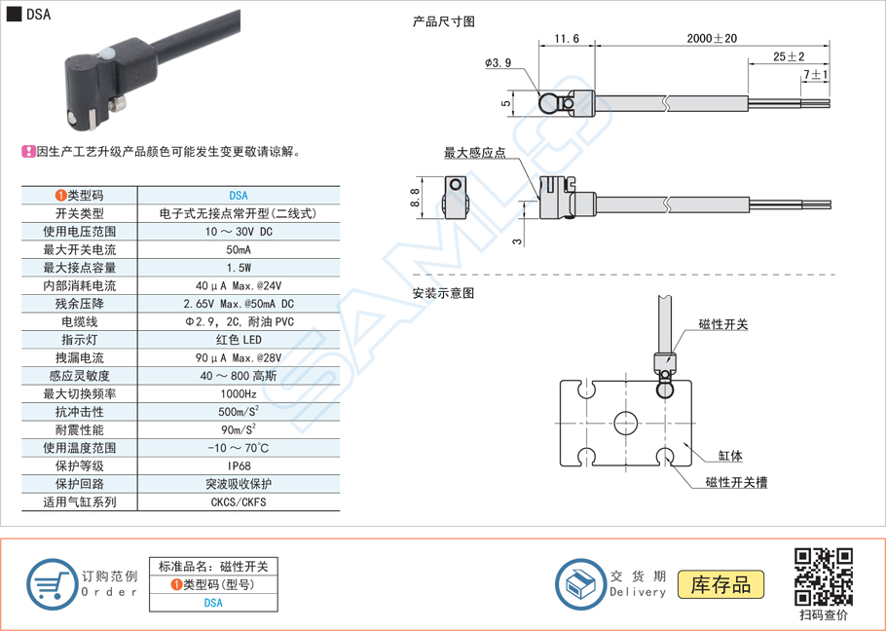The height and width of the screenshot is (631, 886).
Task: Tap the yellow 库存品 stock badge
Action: coord(720,584)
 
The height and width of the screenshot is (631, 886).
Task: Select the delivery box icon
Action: coord(580,585)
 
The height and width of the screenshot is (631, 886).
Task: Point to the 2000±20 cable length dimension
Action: coord(711,38)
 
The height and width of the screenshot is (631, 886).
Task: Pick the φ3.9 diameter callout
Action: coord(498,63)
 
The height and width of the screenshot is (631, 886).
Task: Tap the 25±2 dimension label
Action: coord(789,56)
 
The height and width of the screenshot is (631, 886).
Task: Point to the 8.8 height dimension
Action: coord(416,198)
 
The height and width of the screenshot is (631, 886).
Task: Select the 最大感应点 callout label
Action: coord(474,153)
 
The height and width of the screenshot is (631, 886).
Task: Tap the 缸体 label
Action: coord(730,456)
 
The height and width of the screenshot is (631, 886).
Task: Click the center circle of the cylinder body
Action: coord(624,422)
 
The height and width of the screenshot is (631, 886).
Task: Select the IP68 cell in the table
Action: coord(239,466)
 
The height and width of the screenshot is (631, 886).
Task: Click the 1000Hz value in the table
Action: coord(239,394)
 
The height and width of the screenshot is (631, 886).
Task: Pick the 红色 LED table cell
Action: coord(239,340)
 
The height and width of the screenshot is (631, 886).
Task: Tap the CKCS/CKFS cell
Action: coord(239,502)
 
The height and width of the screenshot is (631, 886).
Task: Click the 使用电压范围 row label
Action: coord(80,232)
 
